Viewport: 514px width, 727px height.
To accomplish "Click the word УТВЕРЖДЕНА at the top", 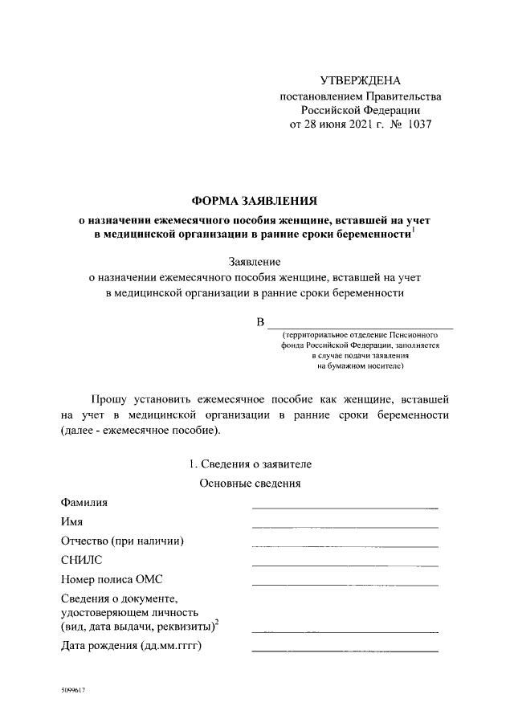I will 360,80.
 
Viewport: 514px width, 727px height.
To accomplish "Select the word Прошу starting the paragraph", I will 112,398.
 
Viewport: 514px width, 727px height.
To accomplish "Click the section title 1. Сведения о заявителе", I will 249,464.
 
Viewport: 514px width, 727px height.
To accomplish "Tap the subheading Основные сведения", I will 249,484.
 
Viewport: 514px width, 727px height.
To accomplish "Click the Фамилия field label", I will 84,503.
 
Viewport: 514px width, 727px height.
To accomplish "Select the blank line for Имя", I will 345,526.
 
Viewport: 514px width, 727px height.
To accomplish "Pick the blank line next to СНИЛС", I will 345,565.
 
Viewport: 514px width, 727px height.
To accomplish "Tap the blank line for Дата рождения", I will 345,649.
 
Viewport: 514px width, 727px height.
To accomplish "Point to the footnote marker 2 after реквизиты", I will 217,621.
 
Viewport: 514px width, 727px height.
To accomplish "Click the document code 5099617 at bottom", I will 72,689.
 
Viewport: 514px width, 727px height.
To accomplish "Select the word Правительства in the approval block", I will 399,96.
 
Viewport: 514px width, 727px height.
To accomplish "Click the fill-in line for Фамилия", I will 345,508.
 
